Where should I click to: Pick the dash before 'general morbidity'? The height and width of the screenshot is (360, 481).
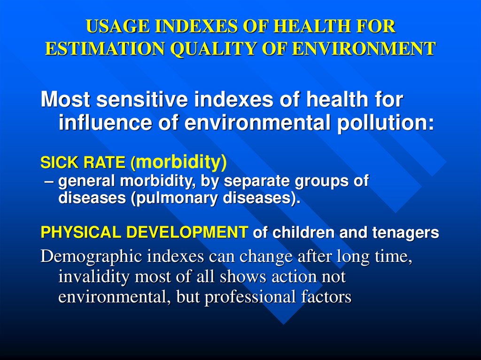[x=49, y=181]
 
